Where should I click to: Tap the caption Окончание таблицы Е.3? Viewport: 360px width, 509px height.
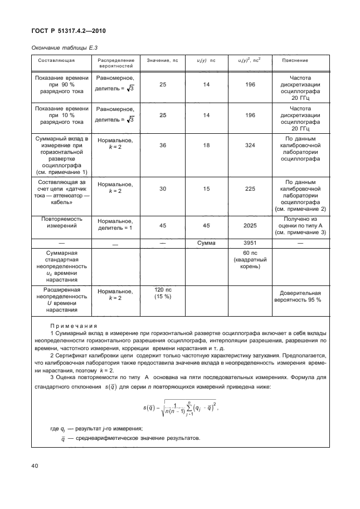coord(61,48)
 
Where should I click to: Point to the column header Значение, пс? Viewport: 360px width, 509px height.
coord(162,60)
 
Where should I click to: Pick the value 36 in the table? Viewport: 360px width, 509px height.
coord(163,144)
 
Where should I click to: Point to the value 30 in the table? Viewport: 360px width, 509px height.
coord(163,188)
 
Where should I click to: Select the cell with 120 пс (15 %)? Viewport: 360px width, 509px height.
coord(163,293)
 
